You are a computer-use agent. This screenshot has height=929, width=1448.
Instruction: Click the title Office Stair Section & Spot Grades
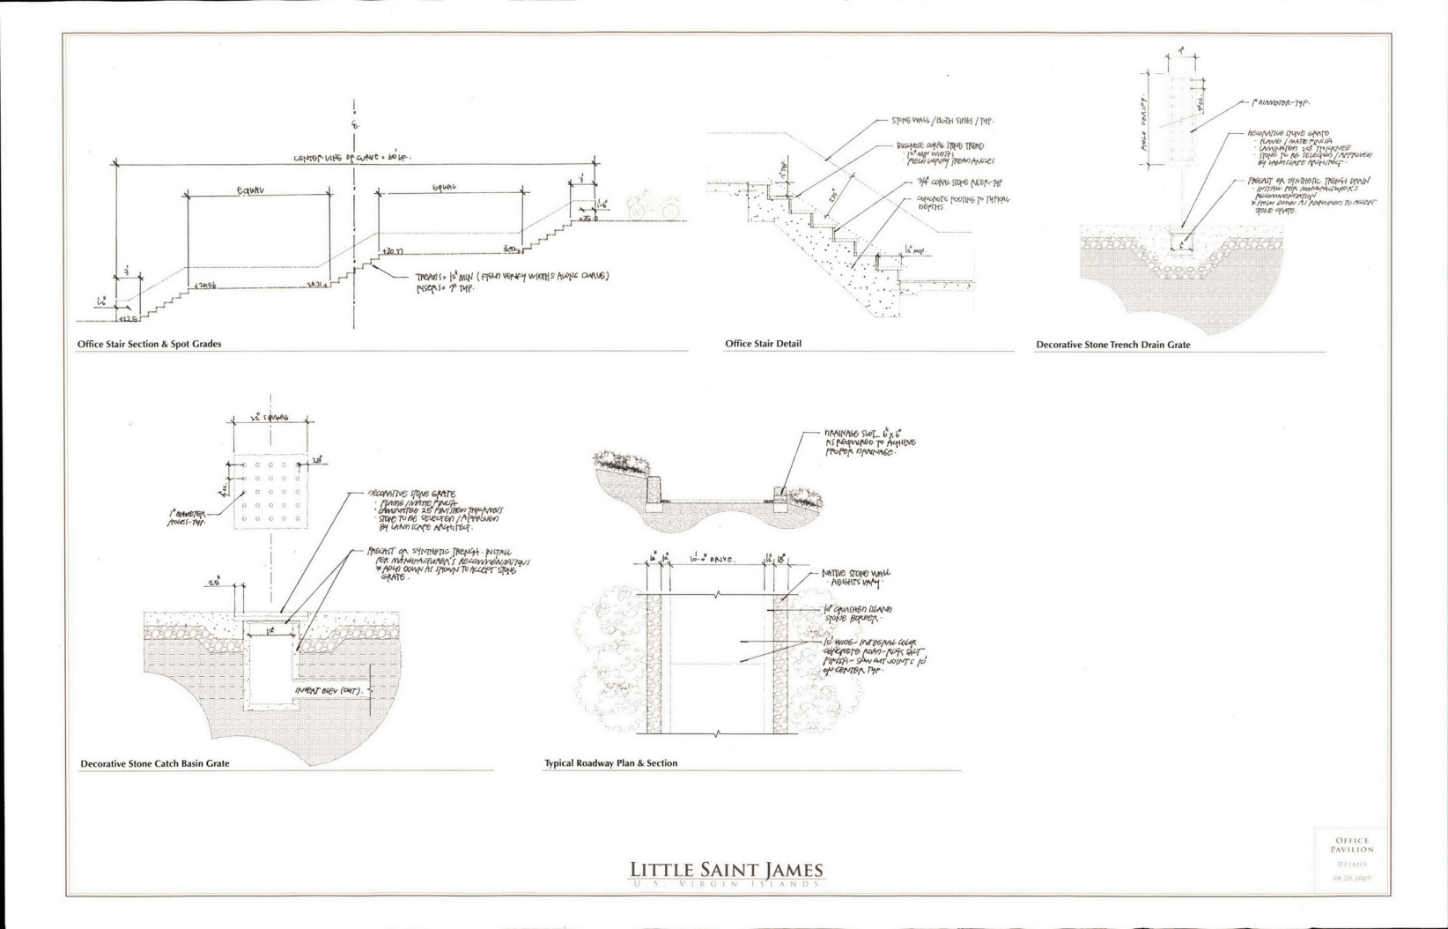[x=149, y=344]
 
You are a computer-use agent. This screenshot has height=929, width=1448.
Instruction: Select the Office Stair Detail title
[x=763, y=344]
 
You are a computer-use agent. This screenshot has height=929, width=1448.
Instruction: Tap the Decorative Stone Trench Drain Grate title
[x=1112, y=345]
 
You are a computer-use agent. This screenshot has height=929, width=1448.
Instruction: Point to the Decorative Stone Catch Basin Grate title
[x=154, y=763]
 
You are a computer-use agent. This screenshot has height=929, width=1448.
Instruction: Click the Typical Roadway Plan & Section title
[x=610, y=763]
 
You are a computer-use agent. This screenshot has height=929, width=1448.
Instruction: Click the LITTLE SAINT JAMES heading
[x=726, y=871]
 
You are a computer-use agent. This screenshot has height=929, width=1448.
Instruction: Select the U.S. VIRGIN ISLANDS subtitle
[x=726, y=884]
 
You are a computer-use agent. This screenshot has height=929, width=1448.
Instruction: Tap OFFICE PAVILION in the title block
[x=1352, y=845]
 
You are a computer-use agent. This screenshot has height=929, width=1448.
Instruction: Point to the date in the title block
[x=1352, y=878]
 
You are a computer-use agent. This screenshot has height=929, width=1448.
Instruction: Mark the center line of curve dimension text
[x=352, y=158]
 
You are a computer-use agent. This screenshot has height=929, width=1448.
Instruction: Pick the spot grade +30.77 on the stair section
[x=392, y=251]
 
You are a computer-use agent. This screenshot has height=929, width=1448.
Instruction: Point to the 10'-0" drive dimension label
[x=714, y=559]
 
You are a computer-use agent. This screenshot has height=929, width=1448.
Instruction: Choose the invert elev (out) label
[x=335, y=691]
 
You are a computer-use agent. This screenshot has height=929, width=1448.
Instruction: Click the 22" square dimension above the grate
[x=270, y=418]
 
